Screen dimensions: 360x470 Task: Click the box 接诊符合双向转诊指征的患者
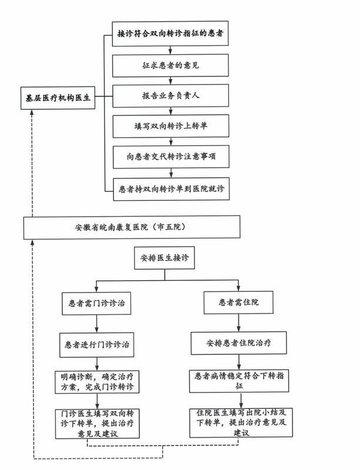tap(170, 33)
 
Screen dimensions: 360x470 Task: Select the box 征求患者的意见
tap(170, 65)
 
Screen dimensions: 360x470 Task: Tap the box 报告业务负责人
tap(170, 96)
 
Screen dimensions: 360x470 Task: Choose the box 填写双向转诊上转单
tap(171, 126)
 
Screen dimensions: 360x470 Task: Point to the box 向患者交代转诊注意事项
tap(171, 156)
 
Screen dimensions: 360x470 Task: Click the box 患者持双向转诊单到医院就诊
tap(171, 189)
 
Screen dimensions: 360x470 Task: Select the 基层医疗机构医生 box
tap(58, 98)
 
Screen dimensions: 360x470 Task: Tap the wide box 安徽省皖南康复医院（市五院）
tap(132, 227)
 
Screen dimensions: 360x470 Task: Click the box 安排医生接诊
tap(164, 258)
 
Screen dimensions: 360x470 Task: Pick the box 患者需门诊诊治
tap(96, 303)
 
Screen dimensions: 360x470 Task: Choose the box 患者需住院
tap(238, 303)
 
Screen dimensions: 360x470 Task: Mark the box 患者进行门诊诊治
tap(97, 345)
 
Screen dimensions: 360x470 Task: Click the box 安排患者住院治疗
tap(239, 343)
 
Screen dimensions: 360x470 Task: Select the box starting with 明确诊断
tap(97, 382)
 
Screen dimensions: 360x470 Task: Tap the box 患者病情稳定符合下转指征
tap(239, 381)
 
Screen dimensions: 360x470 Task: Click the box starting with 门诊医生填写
tap(97, 424)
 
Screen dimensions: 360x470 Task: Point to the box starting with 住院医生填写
tap(241, 422)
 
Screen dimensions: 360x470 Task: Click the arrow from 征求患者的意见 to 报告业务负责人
tap(170, 80)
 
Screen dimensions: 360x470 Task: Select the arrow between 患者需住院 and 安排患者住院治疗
tap(238, 323)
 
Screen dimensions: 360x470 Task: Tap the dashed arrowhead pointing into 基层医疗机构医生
tap(32, 112)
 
